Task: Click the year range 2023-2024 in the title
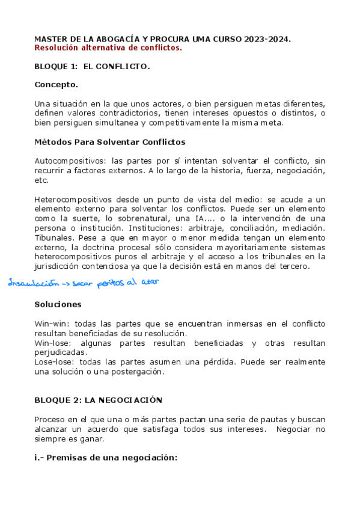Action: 267,39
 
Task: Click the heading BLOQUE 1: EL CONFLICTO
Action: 92,66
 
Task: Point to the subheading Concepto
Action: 56,85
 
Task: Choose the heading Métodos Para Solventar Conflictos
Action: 110,142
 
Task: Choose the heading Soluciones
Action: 58,304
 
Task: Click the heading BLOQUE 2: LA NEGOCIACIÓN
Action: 99,399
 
